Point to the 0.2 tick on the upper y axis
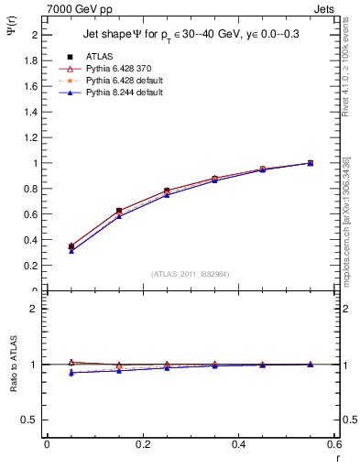tap(30, 266)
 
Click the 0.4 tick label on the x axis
tap(238, 444)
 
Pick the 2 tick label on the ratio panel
tap(34, 309)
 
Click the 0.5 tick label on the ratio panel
tap(30, 420)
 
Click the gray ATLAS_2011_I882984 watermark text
tap(190, 274)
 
